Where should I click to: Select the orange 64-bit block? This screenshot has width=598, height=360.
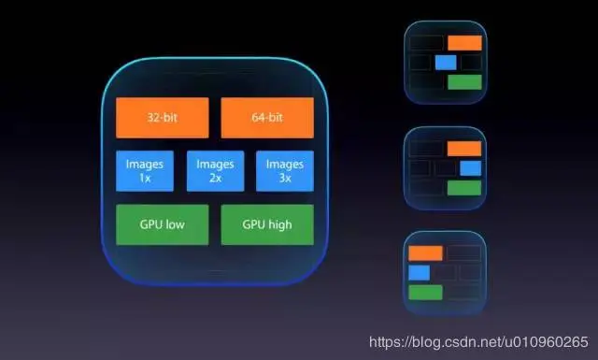(266, 118)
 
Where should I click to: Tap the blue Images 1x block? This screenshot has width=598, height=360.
(145, 171)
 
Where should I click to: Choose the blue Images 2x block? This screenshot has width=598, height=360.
(215, 171)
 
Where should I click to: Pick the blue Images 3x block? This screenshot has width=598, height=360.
(284, 171)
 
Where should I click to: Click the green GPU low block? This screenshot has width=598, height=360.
(161, 224)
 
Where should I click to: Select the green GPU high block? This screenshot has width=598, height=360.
(266, 224)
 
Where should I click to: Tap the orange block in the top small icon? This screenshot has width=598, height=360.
(464, 42)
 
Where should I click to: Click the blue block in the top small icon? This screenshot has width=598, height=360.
(446, 62)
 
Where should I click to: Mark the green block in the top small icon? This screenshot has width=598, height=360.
(464, 82)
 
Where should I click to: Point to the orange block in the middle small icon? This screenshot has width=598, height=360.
(464, 148)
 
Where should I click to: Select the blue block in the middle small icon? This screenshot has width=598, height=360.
(470, 168)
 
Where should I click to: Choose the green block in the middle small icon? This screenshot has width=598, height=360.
(464, 188)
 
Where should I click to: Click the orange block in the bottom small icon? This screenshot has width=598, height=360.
(425, 252)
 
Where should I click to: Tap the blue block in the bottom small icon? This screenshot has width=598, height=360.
(419, 273)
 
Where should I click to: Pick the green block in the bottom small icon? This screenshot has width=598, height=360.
(425, 293)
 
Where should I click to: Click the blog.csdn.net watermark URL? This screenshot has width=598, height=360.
(478, 342)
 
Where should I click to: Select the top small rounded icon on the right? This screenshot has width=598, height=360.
(446, 62)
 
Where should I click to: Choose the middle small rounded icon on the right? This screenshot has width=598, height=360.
(446, 167)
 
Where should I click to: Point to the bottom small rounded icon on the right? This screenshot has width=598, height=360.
(446, 272)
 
